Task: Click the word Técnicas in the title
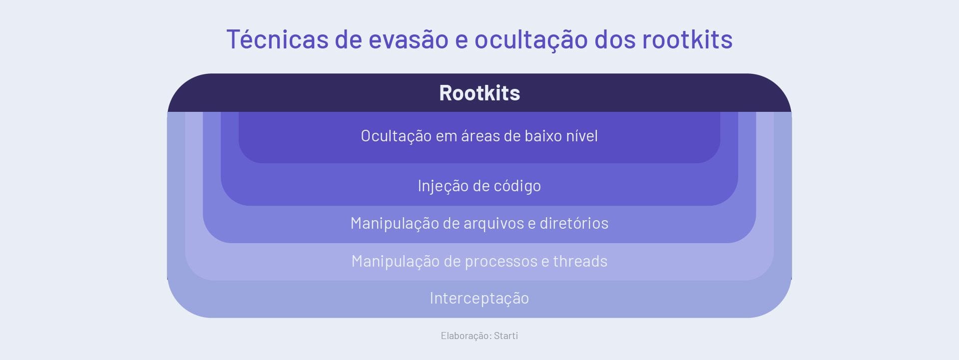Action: click(277, 38)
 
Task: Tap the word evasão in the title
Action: click(408, 39)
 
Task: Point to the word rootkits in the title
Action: click(687, 38)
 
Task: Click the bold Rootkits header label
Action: click(479, 93)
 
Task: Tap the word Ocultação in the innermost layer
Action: click(396, 136)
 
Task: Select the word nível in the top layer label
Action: click(582, 136)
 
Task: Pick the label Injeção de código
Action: click(479, 186)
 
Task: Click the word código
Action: click(517, 186)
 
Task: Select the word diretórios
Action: click(574, 223)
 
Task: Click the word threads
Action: click(580, 261)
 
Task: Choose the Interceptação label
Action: click(479, 299)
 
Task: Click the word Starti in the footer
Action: click(506, 336)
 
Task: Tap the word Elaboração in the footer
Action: click(466, 336)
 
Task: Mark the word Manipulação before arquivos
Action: click(395, 224)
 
